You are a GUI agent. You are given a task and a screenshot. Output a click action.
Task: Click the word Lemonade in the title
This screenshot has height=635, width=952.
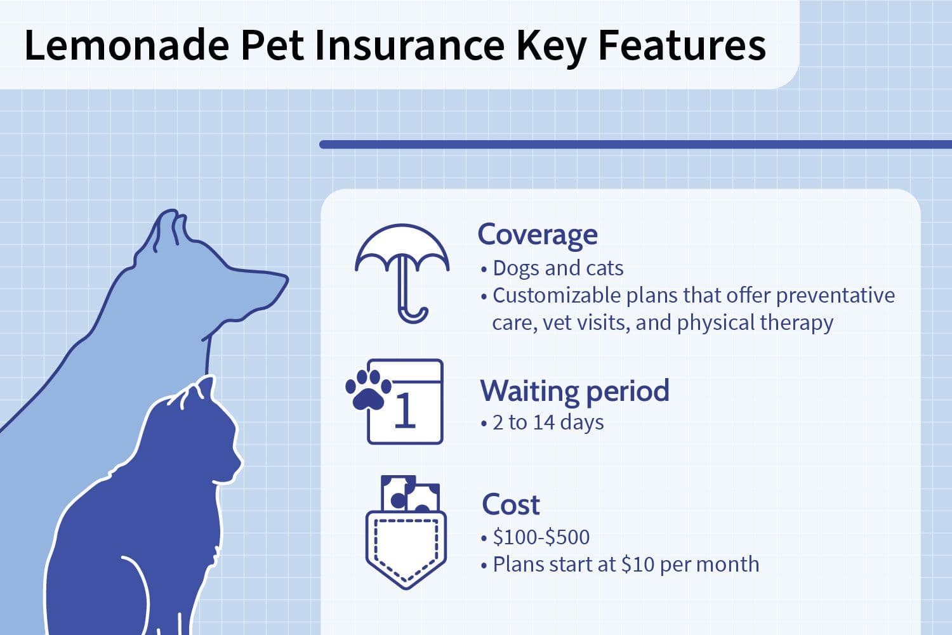point(127,46)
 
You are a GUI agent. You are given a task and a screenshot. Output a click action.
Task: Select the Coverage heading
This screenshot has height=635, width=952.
point(538,235)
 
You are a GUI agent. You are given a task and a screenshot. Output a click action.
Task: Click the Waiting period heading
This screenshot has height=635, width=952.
point(574,391)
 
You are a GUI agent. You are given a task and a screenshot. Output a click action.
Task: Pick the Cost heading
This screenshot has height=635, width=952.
point(511,504)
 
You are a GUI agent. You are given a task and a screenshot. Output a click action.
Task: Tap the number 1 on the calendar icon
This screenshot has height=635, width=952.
point(405,409)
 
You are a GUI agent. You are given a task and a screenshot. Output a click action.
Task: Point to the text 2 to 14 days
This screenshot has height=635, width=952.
point(548,422)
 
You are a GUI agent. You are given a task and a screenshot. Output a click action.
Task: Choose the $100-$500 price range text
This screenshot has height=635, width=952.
point(541,537)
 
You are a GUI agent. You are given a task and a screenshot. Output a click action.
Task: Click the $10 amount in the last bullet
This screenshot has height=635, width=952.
point(638,565)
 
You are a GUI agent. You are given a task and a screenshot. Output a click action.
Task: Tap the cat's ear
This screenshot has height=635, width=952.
point(206,386)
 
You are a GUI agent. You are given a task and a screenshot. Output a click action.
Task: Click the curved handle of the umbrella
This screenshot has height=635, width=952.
point(413,315)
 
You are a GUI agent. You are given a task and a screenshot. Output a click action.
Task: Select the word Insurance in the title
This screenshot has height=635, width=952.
point(410,46)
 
